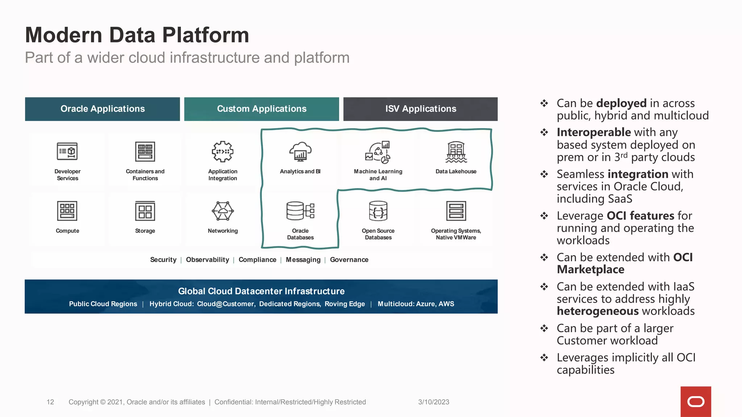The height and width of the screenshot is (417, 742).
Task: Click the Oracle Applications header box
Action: [103, 109]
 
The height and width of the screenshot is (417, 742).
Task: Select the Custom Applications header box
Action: [262, 109]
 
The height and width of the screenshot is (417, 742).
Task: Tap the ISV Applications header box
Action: [420, 109]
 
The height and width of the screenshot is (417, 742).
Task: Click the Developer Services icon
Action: [67, 151]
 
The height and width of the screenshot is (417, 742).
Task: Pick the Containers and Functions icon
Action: [145, 151]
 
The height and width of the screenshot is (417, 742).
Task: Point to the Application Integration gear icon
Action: [222, 151]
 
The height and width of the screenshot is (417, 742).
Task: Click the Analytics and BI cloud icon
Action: [300, 151]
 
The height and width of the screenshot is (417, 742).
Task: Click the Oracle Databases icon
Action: [300, 211]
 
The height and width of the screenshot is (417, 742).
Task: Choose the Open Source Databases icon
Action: [378, 211]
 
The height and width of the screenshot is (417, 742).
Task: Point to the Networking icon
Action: [222, 211]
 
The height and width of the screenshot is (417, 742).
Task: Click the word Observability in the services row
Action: [207, 260]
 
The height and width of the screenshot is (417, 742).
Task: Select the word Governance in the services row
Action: [349, 260]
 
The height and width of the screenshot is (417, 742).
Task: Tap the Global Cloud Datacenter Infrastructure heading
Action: [261, 291]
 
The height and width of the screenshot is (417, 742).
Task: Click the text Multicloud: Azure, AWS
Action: [416, 304]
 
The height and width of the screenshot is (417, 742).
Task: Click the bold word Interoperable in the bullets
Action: [594, 132]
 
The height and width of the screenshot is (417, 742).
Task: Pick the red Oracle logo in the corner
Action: [696, 401]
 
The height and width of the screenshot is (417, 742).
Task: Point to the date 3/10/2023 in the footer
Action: [434, 402]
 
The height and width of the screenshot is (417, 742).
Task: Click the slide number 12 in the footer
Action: [50, 402]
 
